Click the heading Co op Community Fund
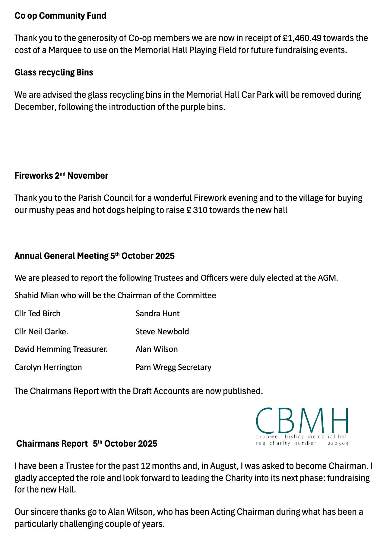60,16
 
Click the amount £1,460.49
302,38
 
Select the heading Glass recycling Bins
54,72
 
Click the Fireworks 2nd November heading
61,176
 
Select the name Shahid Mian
36,295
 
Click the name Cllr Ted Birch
37,314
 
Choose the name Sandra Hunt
157,314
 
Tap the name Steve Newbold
162,332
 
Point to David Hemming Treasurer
61,349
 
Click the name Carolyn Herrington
48,367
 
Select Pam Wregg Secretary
173,367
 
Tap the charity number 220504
338,443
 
